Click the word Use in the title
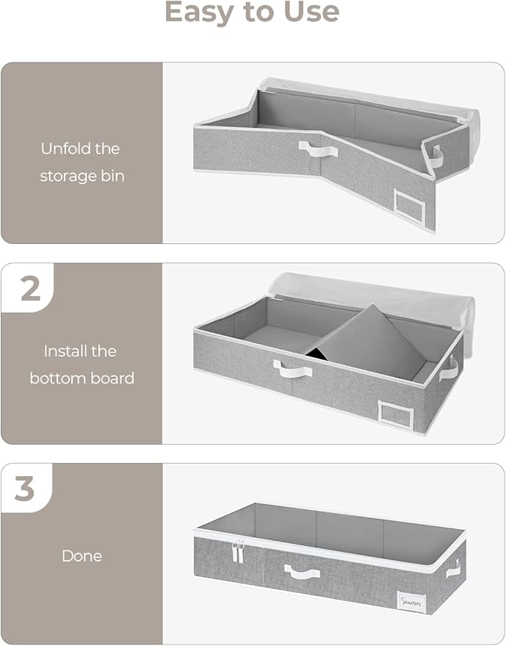309,12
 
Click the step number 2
30,289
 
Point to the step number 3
25,489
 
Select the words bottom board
82,378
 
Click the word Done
82,556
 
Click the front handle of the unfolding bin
318,149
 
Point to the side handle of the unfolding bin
438,157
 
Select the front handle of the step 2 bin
292,368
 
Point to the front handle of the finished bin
303,571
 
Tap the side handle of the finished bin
452,567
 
